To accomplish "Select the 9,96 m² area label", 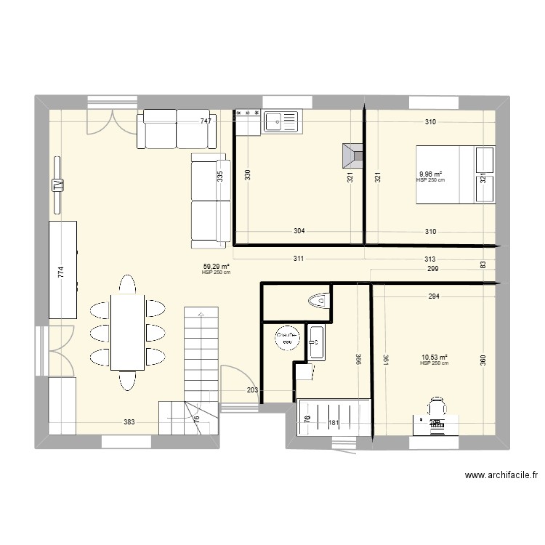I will click(x=430, y=174).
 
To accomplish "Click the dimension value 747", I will click(x=206, y=122).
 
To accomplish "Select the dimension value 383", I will click(x=129, y=422).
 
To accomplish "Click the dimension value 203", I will click(x=252, y=391).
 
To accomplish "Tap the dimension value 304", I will click(x=299, y=232).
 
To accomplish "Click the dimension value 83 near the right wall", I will click(x=483, y=265).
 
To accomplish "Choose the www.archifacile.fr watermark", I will click(x=501, y=476).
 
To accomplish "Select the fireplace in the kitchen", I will click(x=354, y=155).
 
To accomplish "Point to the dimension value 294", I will click(x=433, y=296).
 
